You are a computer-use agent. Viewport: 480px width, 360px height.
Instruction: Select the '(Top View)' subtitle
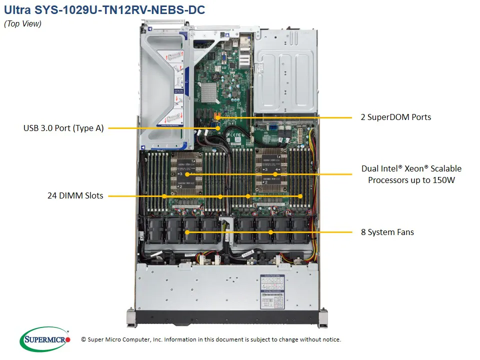22,23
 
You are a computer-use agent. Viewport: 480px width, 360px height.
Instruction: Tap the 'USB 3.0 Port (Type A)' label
63,128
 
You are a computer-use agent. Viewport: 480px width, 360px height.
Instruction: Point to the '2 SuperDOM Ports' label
395,117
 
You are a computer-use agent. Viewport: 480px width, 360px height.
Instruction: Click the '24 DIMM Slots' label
75,195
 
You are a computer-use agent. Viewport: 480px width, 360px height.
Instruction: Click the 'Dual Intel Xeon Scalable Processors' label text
411,174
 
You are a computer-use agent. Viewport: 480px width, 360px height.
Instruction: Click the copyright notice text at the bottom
210,339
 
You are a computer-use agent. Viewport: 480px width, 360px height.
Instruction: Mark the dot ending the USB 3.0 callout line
218,128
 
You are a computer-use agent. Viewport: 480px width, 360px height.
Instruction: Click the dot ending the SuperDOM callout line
218,117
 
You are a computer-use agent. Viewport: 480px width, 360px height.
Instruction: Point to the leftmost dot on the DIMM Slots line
164,196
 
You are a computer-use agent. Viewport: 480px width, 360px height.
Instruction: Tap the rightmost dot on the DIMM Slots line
300,196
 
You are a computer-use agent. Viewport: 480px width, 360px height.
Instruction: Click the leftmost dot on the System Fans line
187,232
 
